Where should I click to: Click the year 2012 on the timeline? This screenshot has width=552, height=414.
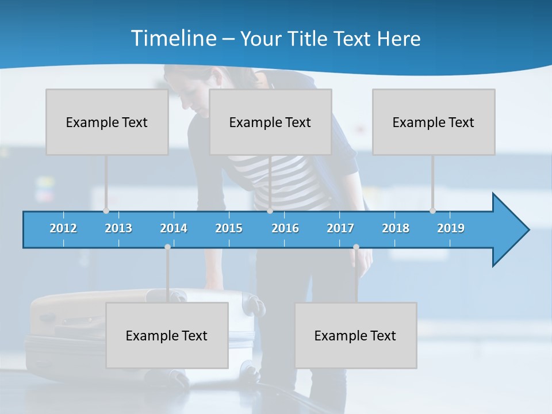click(x=63, y=228)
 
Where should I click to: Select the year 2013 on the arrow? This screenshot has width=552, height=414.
click(x=118, y=228)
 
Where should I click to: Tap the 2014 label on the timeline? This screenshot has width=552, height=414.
click(x=174, y=228)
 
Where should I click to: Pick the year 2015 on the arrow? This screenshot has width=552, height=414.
click(x=229, y=228)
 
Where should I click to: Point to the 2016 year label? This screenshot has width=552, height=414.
click(x=285, y=228)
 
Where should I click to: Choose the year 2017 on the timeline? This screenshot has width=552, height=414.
click(x=340, y=228)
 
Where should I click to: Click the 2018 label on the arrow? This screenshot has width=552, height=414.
click(x=396, y=228)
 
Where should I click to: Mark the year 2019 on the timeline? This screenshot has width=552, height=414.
click(x=451, y=228)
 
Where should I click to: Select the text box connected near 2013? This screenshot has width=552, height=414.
click(x=107, y=122)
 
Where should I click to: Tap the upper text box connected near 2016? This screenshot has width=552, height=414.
click(x=270, y=122)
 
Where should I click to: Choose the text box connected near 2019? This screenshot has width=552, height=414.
click(x=434, y=122)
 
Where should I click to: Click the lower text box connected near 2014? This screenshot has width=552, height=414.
click(x=167, y=335)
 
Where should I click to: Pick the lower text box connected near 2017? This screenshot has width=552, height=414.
click(x=355, y=335)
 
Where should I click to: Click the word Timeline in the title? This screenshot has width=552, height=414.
click(x=172, y=39)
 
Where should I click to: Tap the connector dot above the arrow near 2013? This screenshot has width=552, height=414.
click(x=106, y=211)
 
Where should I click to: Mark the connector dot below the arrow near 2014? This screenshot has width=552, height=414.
click(x=167, y=247)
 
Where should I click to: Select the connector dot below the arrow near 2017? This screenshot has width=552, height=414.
click(x=356, y=247)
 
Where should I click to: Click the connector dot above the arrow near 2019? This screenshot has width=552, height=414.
click(x=432, y=211)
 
